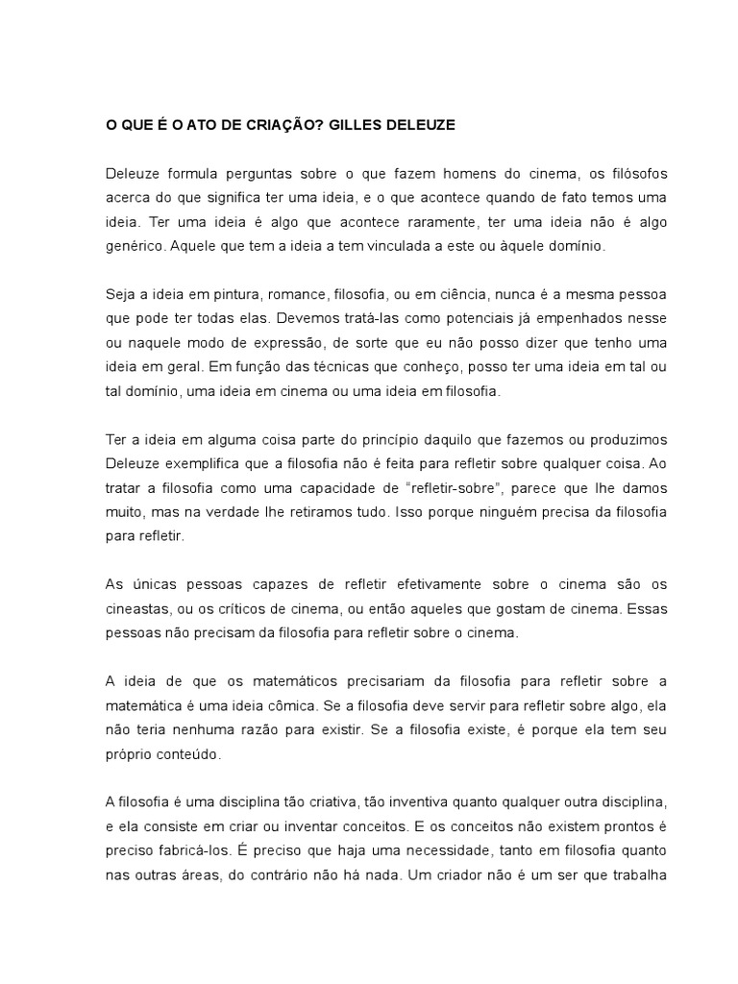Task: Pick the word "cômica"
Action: click(x=280, y=706)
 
